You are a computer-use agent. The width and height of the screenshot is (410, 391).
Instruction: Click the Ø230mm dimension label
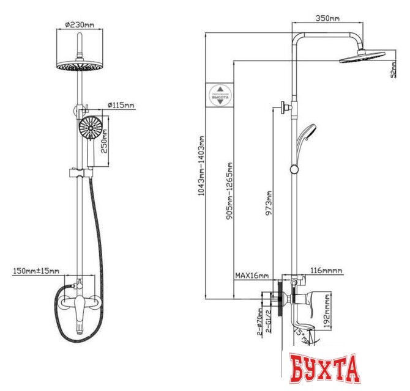pyautogui.click(x=80, y=25)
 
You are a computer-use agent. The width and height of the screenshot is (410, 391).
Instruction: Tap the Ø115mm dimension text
pyautogui.click(x=120, y=105)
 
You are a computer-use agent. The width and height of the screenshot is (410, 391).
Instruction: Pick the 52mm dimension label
pyautogui.click(x=393, y=71)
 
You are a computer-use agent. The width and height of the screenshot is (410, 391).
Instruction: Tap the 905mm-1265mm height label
pyautogui.click(x=229, y=189)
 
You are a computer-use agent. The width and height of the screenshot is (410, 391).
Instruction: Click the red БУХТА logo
pyautogui.click(x=324, y=368)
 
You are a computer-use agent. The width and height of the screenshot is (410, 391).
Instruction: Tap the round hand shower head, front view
pyautogui.click(x=89, y=129)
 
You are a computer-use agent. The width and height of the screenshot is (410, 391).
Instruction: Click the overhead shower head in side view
pyautogui.click(x=362, y=57)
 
